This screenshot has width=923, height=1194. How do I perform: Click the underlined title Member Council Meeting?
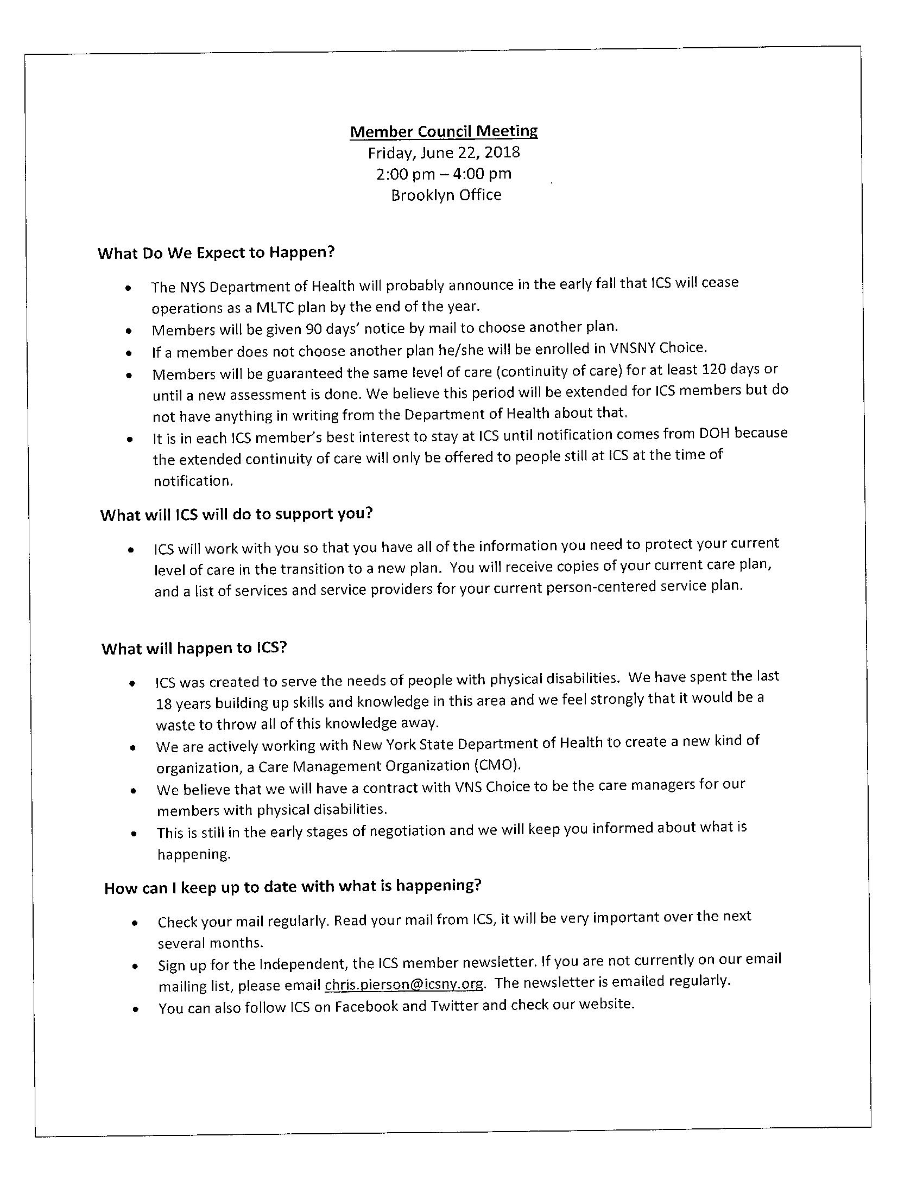click(x=444, y=131)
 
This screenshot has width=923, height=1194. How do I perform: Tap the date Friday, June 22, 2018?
click(x=444, y=153)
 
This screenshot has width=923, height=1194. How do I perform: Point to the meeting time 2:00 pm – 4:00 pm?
click(x=444, y=174)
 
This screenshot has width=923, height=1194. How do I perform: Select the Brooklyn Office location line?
click(x=446, y=195)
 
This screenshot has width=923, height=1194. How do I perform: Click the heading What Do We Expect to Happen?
click(x=216, y=252)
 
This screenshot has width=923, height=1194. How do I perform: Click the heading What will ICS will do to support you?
click(x=236, y=515)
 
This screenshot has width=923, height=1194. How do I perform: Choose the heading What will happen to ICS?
click(x=194, y=649)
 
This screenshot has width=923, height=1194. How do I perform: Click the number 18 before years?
click(x=163, y=703)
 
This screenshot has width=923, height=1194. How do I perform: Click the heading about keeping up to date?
click(x=293, y=887)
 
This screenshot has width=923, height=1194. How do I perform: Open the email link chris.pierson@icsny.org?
click(x=404, y=985)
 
